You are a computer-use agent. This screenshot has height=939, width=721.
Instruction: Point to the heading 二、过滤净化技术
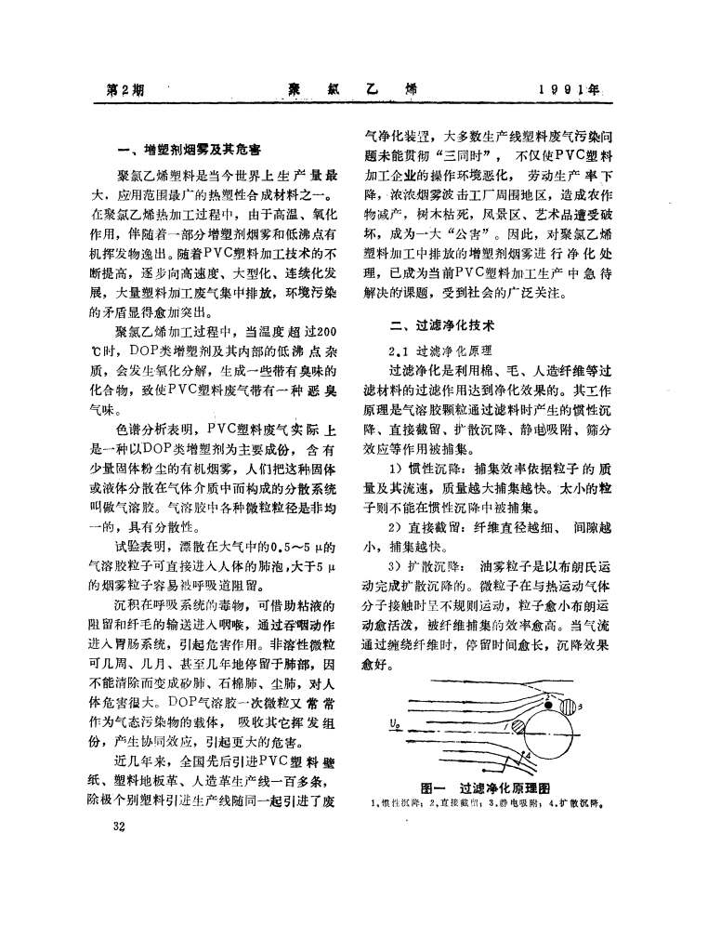[x=442, y=326]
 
